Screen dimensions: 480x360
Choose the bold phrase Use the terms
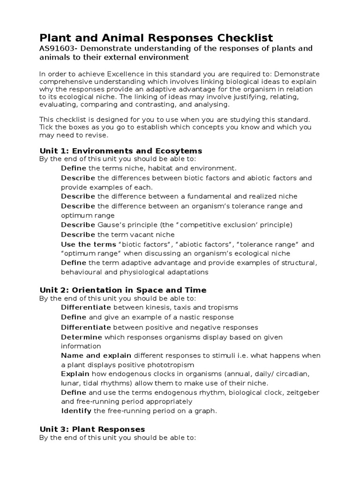coord(89,244)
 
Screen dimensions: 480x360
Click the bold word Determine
coord(82,337)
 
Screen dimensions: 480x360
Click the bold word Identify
coord(77,411)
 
